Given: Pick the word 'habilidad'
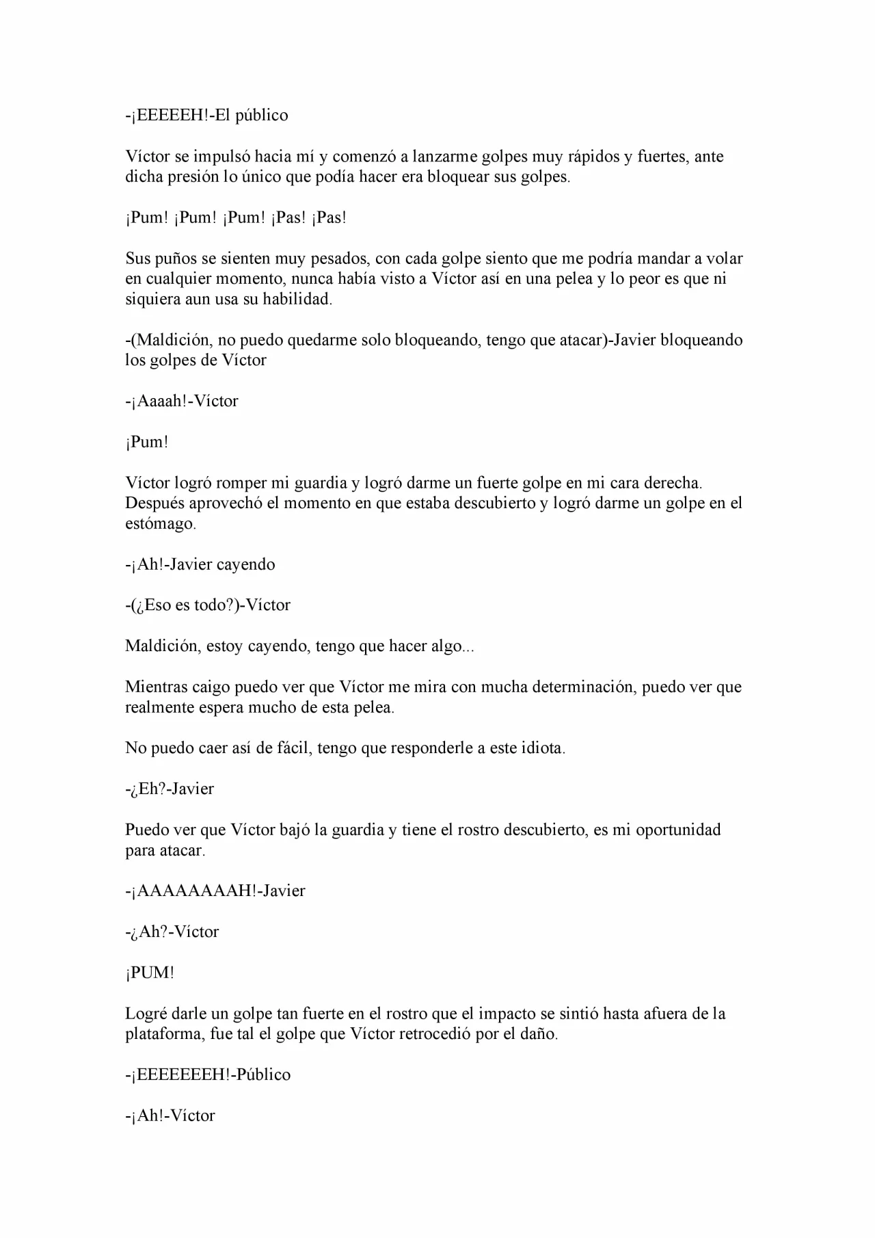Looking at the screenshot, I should [x=297, y=300].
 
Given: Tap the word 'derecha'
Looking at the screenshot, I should [x=673, y=483].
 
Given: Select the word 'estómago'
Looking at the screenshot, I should [x=160, y=524].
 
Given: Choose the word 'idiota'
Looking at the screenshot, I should [x=541, y=748].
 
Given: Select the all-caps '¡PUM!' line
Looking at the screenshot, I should [x=150, y=973].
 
